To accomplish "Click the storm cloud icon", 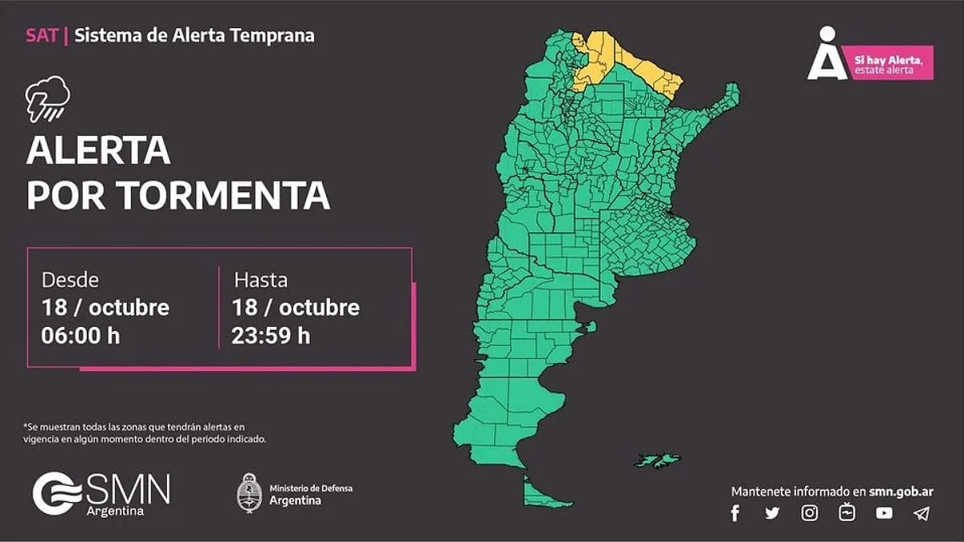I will coord(47,98).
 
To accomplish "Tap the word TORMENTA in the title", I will coord(223,195).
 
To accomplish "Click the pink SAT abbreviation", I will coord(41,35).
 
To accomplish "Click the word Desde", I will coord(70,280).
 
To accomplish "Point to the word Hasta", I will coord(260,280).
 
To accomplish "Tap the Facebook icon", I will coord(735,513).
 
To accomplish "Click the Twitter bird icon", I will coord(772,513).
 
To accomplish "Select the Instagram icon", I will coord(810,513).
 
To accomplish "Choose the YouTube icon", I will coord(884,513).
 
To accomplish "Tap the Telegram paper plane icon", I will coord(921,513).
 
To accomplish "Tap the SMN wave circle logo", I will coord(57,493).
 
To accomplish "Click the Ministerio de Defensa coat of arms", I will coord(249,492).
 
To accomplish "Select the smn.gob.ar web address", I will coord(901,491).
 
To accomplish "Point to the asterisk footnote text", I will coord(145,433).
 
